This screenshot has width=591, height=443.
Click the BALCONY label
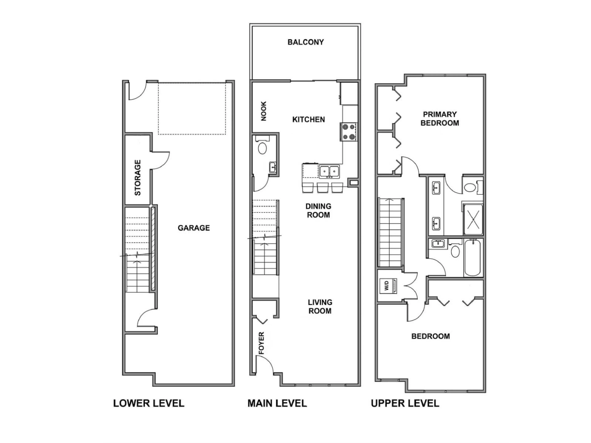point(305,42)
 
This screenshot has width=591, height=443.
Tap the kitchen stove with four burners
point(349,132)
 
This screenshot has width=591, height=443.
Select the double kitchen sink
point(329,172)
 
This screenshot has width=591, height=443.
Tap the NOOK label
point(264,111)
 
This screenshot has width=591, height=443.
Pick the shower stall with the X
point(473,220)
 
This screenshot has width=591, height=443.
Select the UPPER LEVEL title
point(405,403)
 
